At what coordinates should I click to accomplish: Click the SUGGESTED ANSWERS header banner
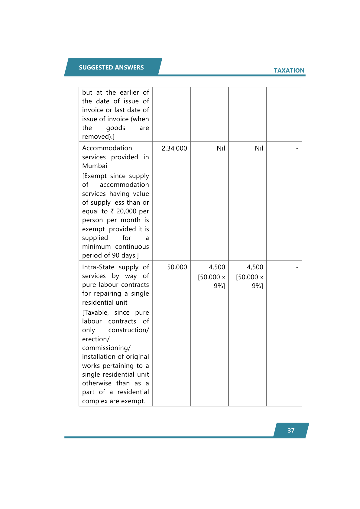[x=111, y=67]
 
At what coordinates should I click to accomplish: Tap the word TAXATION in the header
[x=289, y=70]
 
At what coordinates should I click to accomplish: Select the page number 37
[x=291, y=430]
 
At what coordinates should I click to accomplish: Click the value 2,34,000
[x=174, y=148]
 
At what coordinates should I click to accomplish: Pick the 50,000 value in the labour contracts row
[x=177, y=267]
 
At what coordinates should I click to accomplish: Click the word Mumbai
[x=95, y=166]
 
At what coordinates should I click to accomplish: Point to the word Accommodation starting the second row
[x=107, y=148]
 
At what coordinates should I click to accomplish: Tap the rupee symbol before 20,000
[x=112, y=211]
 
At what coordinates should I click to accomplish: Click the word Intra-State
[x=98, y=267]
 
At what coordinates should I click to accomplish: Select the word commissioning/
[x=106, y=348]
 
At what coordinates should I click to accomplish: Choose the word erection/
[x=96, y=339]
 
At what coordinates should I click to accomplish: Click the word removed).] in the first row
[x=98, y=137]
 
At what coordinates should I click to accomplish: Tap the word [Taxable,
[x=96, y=313]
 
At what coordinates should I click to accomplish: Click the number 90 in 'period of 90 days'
[x=116, y=255]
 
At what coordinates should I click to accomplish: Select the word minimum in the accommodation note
[x=96, y=247]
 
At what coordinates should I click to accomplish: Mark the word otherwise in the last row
[x=97, y=383]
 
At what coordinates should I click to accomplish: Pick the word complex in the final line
[x=95, y=401]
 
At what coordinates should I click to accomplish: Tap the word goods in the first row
[x=115, y=128]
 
